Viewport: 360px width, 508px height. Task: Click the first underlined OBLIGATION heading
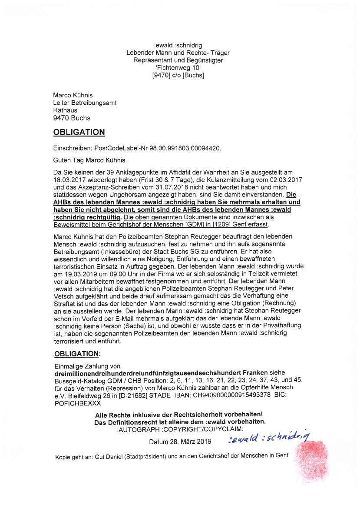[x=79, y=132]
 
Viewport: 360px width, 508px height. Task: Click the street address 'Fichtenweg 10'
[x=178, y=68]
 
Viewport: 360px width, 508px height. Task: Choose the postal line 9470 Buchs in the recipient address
[x=72, y=118]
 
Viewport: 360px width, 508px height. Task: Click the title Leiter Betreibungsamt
[x=85, y=103]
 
